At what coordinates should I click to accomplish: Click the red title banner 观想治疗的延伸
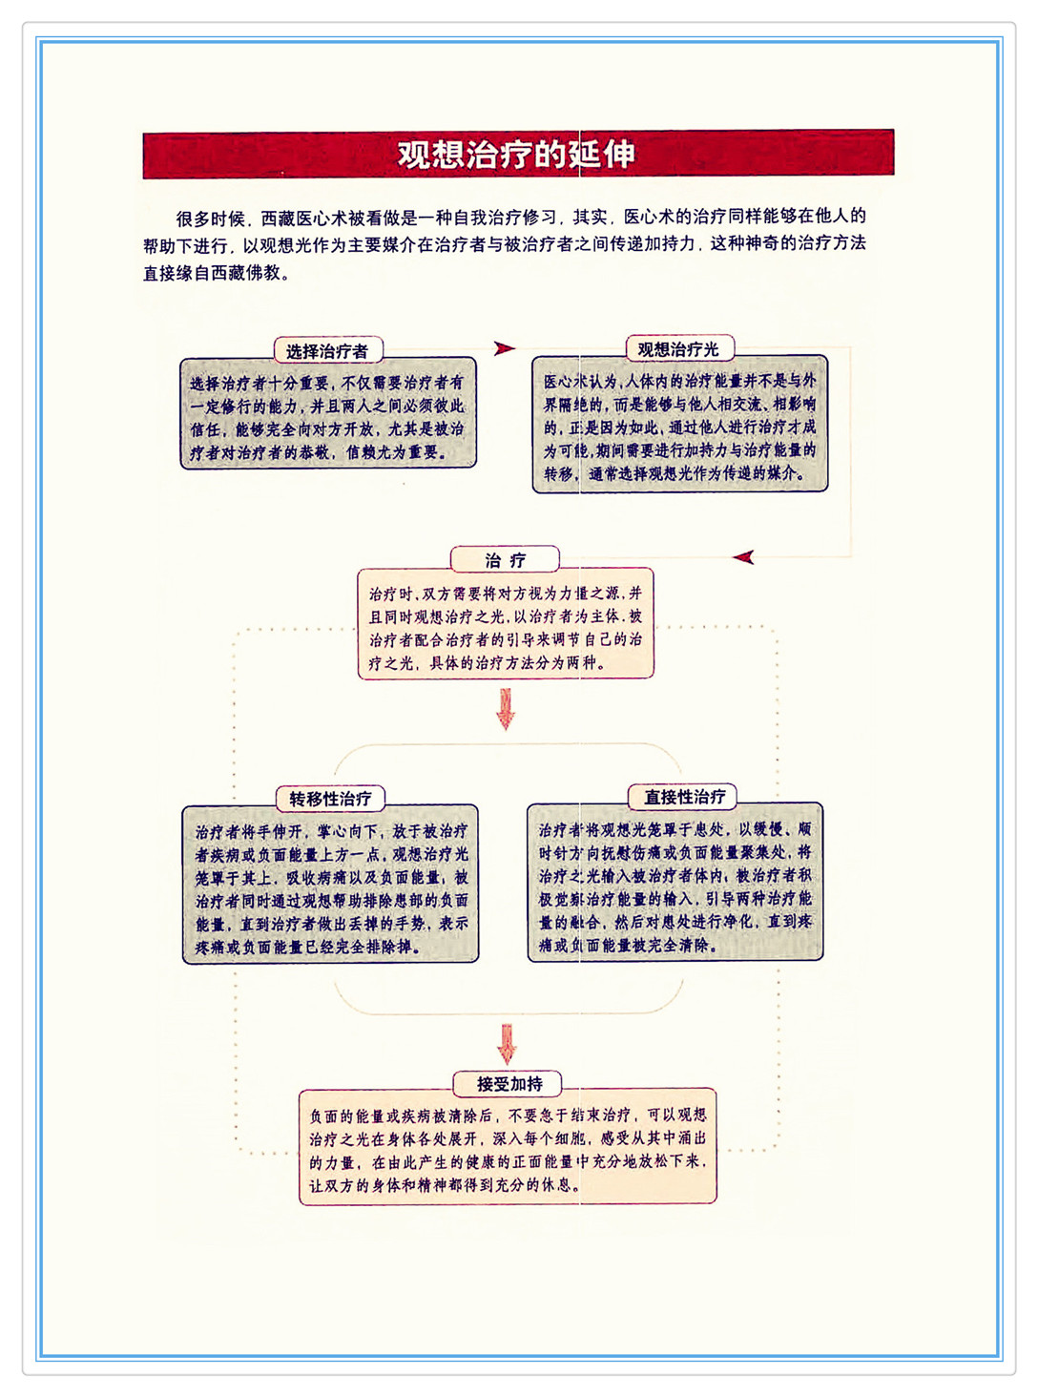518,154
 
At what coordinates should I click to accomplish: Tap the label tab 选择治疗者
327,351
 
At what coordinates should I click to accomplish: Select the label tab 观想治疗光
678,349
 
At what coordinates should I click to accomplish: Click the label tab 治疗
505,559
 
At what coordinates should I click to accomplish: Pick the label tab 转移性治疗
330,799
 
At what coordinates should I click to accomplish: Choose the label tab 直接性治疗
684,797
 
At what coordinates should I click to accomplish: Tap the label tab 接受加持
509,1084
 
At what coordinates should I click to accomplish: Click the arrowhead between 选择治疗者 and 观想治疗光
505,348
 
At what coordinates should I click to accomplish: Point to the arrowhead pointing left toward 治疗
744,557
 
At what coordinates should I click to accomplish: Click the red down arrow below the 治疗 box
506,709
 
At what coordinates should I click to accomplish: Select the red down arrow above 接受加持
508,1044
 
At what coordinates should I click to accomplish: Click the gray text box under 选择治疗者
327,417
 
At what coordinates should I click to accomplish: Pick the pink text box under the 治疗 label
506,627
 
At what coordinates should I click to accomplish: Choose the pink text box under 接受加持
508,1149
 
